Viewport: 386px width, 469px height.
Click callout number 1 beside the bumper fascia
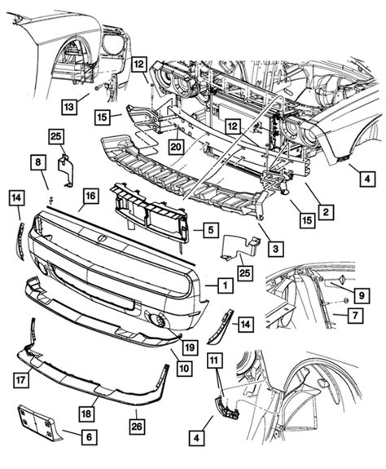click(x=222, y=285)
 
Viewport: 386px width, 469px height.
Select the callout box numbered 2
click(x=324, y=212)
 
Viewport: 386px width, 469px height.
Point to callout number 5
click(x=209, y=231)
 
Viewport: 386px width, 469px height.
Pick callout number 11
click(x=213, y=359)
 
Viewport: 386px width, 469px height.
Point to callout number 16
click(x=89, y=196)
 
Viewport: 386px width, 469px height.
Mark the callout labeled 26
click(x=136, y=424)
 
